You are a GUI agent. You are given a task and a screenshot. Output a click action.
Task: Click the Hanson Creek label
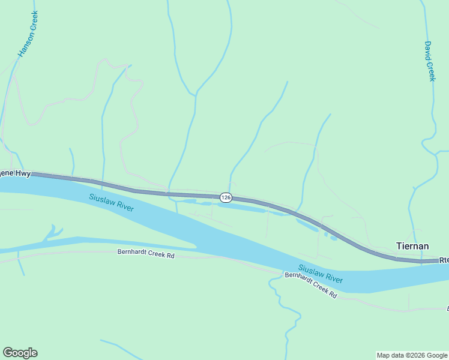pos(28,34)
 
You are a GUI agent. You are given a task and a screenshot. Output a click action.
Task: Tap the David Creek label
pos(429,61)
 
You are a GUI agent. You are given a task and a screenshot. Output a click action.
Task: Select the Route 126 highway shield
pos(226,197)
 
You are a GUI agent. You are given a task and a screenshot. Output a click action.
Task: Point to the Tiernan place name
pos(412,246)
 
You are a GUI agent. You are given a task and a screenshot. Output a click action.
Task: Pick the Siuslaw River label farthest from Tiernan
pos(111,203)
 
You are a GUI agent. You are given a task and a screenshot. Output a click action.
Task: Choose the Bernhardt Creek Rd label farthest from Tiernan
pos(146,255)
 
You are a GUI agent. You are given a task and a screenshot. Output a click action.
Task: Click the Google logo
pos(20,353)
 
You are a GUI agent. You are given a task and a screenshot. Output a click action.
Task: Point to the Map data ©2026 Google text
pos(412,355)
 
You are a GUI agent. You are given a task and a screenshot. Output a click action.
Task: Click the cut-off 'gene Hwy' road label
pos(15,173)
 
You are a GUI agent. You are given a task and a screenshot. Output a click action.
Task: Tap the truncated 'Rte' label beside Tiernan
pos(444,260)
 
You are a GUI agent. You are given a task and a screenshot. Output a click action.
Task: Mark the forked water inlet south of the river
pos(53,232)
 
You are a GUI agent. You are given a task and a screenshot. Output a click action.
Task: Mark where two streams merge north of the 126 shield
pos(195,95)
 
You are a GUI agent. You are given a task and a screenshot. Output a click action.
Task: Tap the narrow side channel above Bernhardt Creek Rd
pos(120,241)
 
